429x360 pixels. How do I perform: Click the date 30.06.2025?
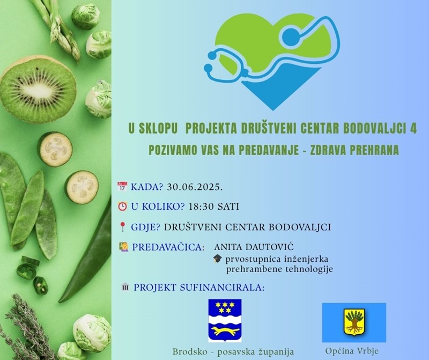coord(195,187)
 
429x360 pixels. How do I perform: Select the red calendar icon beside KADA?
coord(122,186)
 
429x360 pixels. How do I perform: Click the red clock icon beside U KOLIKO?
coord(122,206)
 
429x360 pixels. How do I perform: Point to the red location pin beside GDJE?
coord(122,227)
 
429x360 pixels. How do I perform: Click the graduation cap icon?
coord(218,259)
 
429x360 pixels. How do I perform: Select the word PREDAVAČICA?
coord(168,247)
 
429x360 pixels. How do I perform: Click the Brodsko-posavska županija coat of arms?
coord(225,321)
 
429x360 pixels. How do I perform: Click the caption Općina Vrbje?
coord(352,351)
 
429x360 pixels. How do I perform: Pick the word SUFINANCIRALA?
coord(222,288)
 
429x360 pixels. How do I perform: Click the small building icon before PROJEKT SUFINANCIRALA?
coord(125,288)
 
